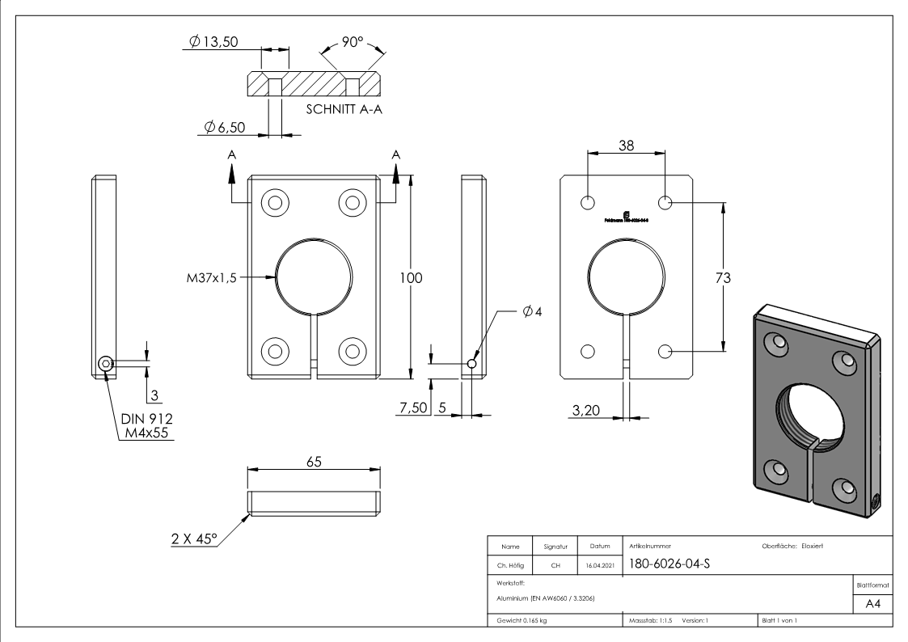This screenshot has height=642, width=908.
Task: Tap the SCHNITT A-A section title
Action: click(x=344, y=109)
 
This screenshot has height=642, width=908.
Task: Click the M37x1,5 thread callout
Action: click(x=212, y=277)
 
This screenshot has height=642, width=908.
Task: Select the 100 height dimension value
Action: click(x=413, y=277)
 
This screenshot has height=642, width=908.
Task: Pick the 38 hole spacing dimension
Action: click(x=626, y=146)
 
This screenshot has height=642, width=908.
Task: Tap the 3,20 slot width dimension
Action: click(x=586, y=412)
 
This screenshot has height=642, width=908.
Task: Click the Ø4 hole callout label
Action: click(x=532, y=311)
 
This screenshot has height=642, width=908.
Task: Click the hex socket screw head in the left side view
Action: click(x=106, y=365)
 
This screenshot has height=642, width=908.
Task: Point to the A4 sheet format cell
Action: click(x=879, y=606)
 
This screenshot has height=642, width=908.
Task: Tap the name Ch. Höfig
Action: click(x=510, y=565)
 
